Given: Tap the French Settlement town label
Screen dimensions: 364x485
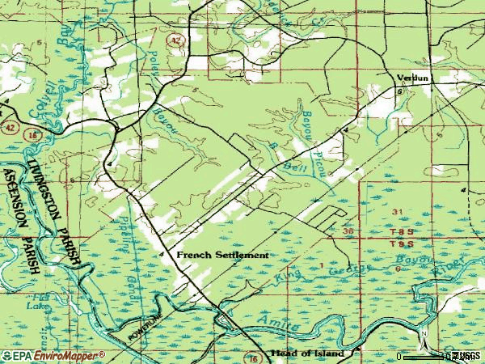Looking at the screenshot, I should (222, 254).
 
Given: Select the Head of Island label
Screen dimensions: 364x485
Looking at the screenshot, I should (307, 354).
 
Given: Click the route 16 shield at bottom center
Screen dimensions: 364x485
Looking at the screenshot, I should (252, 357).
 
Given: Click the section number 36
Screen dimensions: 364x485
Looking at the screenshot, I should (348, 231).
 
